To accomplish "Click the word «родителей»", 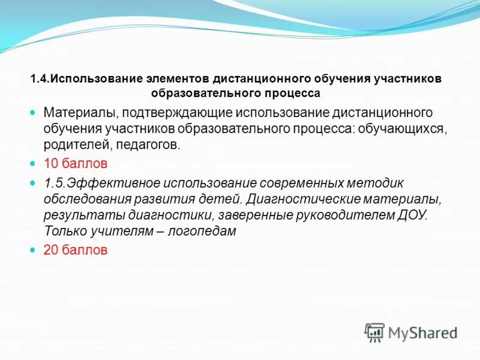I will coord(70,144).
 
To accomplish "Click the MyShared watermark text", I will coord(422,332).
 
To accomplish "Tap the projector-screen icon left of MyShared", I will coord(374,332).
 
